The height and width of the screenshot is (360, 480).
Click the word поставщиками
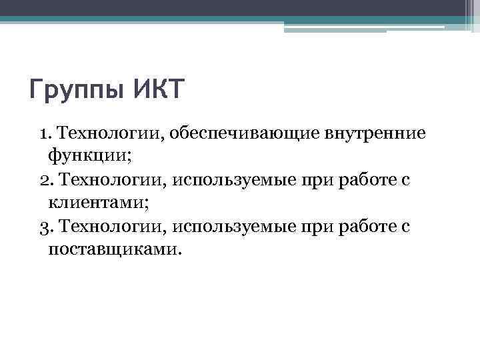pos(114,249)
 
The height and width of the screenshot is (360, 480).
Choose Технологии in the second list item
pos(111,180)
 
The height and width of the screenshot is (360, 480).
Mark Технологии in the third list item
pos(111,227)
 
